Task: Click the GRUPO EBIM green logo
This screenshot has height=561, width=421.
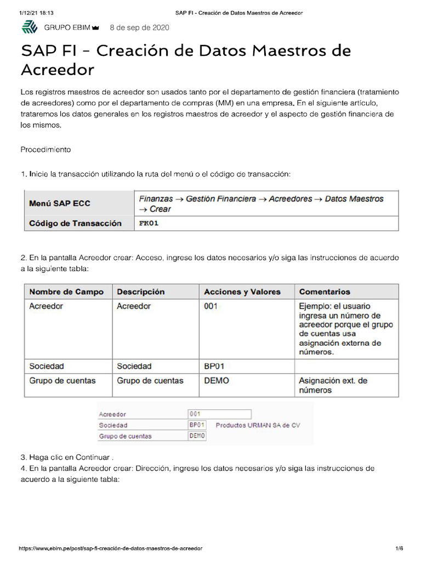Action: (29, 27)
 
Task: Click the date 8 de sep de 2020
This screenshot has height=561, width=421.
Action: (139, 27)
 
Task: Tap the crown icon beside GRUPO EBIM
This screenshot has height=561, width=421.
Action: (96, 28)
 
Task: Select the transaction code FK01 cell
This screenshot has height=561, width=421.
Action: (149, 224)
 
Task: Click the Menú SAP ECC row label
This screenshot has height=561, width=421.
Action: (60, 203)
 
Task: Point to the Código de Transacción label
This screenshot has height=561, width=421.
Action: (75, 224)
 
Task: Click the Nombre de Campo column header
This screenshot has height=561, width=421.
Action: (66, 292)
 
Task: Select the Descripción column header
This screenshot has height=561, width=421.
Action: (141, 292)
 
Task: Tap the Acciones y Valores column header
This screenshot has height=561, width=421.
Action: (242, 292)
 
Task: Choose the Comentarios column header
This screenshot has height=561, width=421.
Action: (325, 292)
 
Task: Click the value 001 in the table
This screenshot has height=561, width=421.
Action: (211, 306)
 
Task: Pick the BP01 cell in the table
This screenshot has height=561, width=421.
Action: (214, 366)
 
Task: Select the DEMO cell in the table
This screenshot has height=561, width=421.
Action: (217, 380)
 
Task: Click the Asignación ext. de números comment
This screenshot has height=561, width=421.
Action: (333, 385)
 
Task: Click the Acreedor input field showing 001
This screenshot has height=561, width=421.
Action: (219, 414)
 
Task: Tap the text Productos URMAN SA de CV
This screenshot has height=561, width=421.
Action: (258, 425)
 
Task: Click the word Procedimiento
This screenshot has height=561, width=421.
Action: (45, 149)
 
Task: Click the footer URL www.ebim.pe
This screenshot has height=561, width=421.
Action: (110, 548)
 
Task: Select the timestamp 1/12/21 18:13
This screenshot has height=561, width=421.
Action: (34, 12)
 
